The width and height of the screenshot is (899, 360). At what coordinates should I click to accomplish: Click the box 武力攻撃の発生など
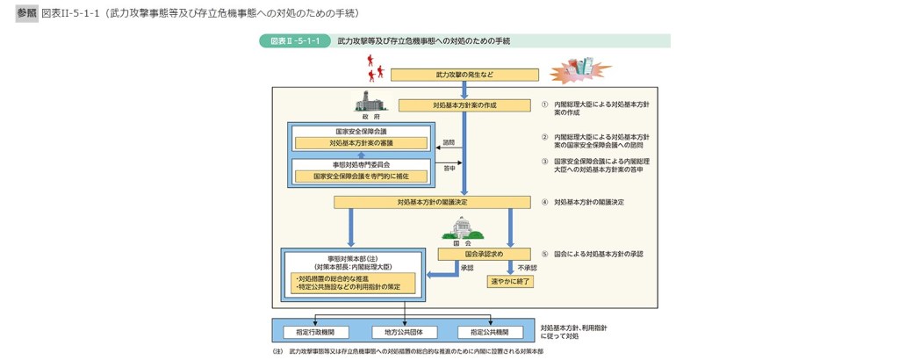tap(464, 75)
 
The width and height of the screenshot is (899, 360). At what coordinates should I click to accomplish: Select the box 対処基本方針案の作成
tap(464, 105)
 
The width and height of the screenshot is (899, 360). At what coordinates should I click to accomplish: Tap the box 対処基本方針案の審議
tap(362, 143)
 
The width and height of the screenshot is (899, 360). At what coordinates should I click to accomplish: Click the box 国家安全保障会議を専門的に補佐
tap(362, 176)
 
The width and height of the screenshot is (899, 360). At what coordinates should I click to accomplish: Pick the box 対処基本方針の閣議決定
tap(432, 202)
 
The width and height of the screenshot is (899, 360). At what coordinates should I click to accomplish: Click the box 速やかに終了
tap(511, 282)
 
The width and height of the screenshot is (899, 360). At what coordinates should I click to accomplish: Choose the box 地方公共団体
tap(404, 332)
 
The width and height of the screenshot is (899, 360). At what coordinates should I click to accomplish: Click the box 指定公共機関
tap(490, 332)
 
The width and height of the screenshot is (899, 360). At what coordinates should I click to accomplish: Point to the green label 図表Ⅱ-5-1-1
tap(294, 41)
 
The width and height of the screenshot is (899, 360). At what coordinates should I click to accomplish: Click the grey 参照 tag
tap(27, 14)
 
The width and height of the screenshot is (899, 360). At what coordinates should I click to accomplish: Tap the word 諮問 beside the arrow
tap(449, 141)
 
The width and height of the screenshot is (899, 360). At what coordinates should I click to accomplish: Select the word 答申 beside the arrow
tap(449, 167)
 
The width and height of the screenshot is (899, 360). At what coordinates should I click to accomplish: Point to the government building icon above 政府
tap(370, 100)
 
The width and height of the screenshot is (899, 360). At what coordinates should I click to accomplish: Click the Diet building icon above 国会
tap(462, 229)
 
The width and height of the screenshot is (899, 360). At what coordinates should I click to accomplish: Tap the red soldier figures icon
tap(375, 63)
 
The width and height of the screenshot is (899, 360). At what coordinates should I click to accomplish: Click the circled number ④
tap(544, 202)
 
